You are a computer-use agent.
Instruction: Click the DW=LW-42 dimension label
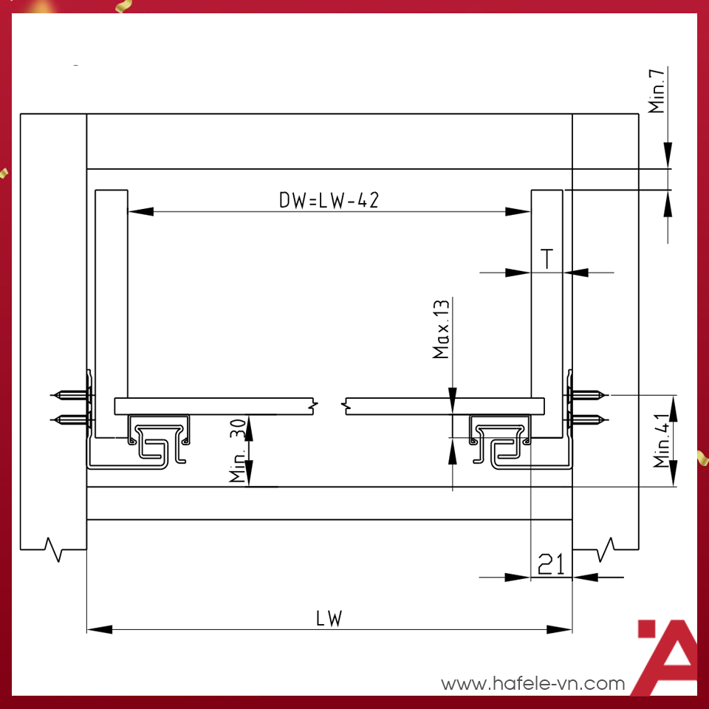tap(329, 199)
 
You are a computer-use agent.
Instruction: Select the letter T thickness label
tap(547, 258)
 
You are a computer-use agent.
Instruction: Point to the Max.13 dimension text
tap(442, 329)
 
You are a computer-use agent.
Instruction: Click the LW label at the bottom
tap(329, 618)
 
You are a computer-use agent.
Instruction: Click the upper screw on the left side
tap(70, 395)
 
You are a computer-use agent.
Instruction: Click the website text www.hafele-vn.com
tap(532, 684)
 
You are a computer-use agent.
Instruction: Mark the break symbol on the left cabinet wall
tap(55, 549)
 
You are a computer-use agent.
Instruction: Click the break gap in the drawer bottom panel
tap(329, 405)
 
